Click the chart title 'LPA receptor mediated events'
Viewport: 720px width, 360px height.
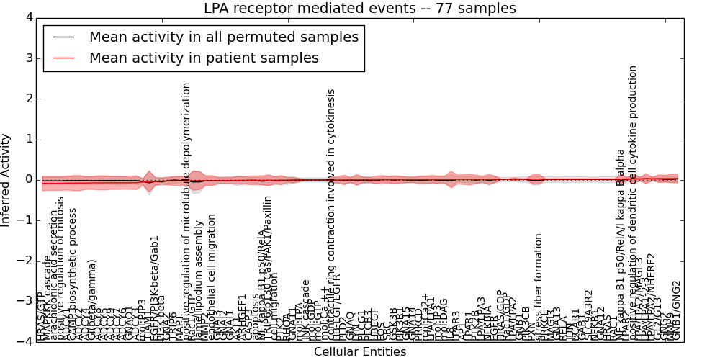[x=359, y=9]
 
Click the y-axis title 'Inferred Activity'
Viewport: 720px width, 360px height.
[x=6, y=179]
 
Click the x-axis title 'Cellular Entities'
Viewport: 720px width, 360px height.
[x=359, y=352]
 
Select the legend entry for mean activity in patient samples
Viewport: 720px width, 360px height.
[x=204, y=58]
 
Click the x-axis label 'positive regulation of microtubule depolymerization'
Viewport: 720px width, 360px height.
[x=186, y=209]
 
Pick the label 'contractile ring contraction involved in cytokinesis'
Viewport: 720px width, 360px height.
[x=331, y=216]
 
